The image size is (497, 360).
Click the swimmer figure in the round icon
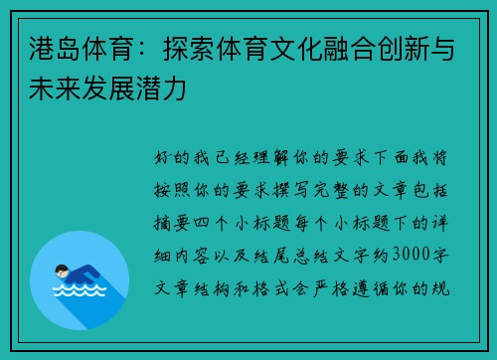[77, 272]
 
